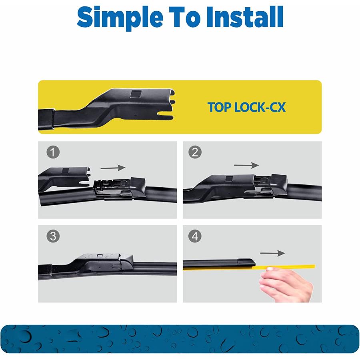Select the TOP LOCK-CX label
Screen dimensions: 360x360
tap(246, 107)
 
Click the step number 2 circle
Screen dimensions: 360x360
tap(195, 152)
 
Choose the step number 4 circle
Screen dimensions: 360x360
tap(195, 236)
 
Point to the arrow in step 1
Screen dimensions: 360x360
tap(113, 168)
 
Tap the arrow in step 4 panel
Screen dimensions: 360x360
tap(272, 253)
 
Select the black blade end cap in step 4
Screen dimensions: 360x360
tap(244, 262)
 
